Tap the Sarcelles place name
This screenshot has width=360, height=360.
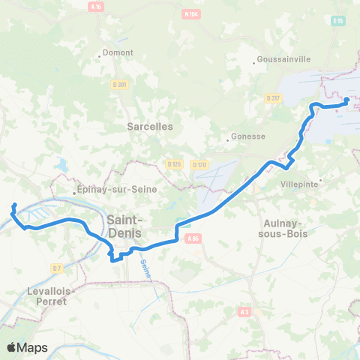tap(150, 127)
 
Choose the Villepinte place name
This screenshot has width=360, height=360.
tap(299, 184)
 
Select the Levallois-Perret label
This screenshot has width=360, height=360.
tap(67, 295)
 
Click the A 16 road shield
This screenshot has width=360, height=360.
tap(95, 6)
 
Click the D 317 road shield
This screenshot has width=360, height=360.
tap(272, 97)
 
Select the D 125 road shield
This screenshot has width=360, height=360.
tap(174, 163)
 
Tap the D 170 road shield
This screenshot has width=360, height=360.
tap(199, 164)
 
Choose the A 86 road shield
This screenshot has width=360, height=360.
tap(194, 238)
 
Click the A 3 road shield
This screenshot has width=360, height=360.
tap(244, 311)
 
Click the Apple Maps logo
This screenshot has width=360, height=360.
tap(27, 347)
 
